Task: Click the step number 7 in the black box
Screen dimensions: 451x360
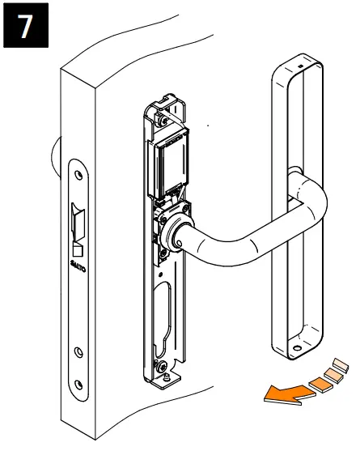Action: tap(26, 26)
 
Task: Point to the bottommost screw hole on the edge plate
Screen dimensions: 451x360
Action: tap(78, 385)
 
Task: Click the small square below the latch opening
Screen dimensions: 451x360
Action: tap(79, 244)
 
